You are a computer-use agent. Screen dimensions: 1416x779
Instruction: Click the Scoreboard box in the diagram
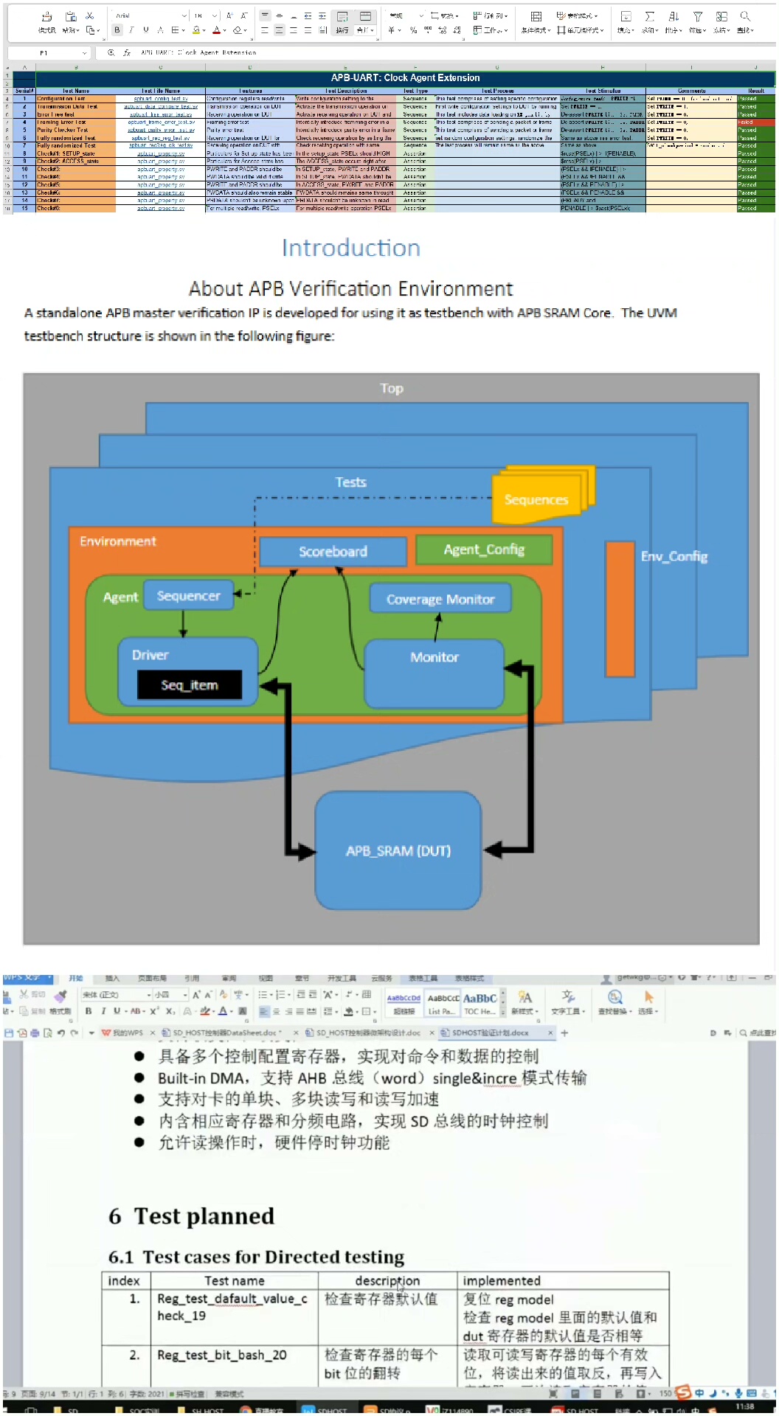[x=333, y=552]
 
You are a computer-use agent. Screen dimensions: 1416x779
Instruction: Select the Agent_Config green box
[x=484, y=549]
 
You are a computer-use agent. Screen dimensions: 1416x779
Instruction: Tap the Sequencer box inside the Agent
[x=188, y=596]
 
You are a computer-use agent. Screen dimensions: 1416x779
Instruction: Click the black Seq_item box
[x=190, y=685]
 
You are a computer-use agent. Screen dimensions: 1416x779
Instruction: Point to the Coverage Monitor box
[x=440, y=600]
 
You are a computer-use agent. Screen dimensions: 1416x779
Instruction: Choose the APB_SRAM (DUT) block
[x=398, y=850]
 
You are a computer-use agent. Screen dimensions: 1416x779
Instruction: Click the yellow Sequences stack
[x=536, y=499]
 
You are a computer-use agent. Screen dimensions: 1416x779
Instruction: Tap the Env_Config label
[x=674, y=556]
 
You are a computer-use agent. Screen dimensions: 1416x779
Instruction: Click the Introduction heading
[x=351, y=248]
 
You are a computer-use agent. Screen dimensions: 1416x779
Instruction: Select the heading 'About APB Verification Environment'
[x=350, y=288]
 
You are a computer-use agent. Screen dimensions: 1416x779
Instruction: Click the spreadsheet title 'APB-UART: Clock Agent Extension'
[x=405, y=77]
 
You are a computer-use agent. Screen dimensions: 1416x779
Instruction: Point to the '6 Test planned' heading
[x=192, y=1216]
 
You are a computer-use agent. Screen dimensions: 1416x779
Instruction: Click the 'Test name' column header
[x=234, y=1281]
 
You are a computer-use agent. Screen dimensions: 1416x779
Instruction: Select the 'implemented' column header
[x=502, y=1281]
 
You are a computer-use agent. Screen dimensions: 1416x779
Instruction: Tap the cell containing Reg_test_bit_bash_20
[x=222, y=1355]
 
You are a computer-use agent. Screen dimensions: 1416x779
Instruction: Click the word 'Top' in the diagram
[x=392, y=389]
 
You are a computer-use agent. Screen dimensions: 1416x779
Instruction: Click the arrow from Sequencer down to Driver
[x=184, y=624]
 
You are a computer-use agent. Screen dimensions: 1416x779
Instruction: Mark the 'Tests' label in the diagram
[x=350, y=482]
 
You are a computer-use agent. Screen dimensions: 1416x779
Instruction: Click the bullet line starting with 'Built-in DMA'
[x=372, y=1078]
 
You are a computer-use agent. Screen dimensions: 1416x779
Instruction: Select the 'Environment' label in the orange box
[x=118, y=541]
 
